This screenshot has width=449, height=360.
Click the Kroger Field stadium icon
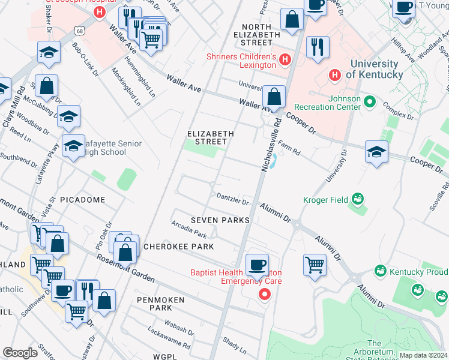[x=358, y=198]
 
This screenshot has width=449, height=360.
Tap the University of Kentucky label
[x=375, y=69]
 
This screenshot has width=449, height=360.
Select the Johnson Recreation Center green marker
[x=370, y=102]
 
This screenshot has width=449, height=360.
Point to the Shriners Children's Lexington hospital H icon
[x=285, y=59]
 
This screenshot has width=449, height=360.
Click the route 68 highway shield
[x=80, y=31]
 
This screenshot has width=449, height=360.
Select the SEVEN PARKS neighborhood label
[x=220, y=220]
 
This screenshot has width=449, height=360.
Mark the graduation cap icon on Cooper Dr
[x=376, y=151]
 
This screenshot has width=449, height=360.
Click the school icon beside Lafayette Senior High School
[x=73, y=146]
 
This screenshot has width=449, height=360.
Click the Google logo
[x=20, y=353]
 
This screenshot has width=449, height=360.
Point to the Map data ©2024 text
[x=423, y=355]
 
